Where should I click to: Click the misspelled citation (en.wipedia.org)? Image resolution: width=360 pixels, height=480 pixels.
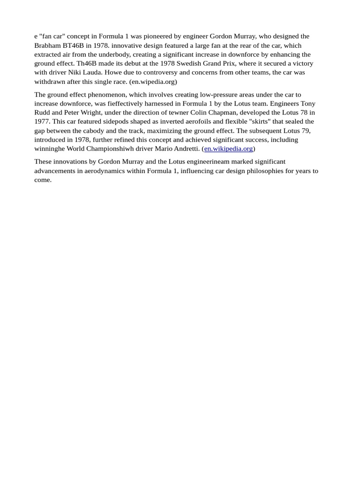click(153, 82)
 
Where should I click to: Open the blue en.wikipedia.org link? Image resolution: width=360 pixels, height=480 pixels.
click(228, 149)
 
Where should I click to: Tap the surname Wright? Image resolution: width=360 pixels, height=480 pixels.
click(91, 112)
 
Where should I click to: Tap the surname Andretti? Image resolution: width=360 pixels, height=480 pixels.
click(184, 149)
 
